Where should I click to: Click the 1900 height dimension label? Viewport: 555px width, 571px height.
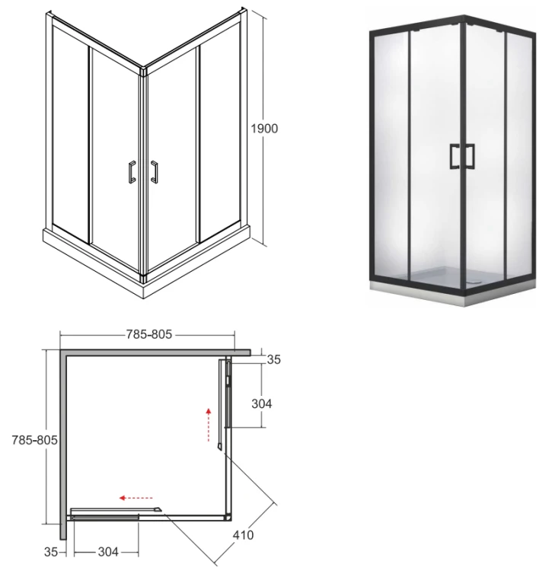pos(264,129)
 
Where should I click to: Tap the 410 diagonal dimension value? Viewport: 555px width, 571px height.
pos(243,535)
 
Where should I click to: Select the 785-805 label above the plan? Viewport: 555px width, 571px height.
pos(149,334)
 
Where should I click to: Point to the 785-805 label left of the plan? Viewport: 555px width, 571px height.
pos(34,440)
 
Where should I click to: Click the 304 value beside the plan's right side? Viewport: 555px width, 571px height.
pos(261,404)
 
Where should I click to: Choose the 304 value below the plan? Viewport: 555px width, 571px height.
pos(108,552)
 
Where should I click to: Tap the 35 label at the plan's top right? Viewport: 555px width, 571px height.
pos(274,359)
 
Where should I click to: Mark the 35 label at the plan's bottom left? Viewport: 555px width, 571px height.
pos(51,552)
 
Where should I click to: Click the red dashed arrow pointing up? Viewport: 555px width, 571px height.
pos(209,425)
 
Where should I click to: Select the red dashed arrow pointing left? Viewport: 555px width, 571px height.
pos(136,498)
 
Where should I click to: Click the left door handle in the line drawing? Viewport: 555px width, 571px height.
pos(132,171)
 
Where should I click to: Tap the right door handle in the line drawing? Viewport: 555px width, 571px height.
pos(155,172)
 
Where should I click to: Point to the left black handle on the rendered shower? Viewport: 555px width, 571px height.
pos(455,156)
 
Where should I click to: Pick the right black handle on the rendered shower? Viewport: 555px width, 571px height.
pos(470,156)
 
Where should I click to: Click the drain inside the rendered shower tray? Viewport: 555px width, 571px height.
pos(472,281)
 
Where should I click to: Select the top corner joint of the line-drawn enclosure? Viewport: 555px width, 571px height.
pos(143,71)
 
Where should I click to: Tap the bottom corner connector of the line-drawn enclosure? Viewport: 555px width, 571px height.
pos(143,279)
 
